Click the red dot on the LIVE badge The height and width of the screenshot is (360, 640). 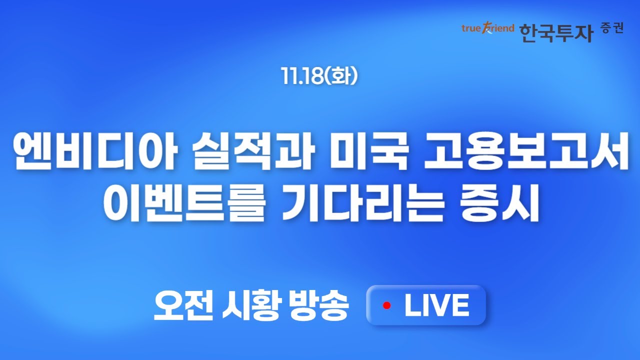point(386,305)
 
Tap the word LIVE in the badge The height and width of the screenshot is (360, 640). point(436,305)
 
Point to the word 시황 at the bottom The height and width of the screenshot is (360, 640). point(249,305)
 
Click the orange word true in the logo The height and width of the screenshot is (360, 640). point(470,28)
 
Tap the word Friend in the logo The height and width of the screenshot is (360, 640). point(498,28)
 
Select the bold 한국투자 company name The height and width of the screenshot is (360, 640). point(556,32)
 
